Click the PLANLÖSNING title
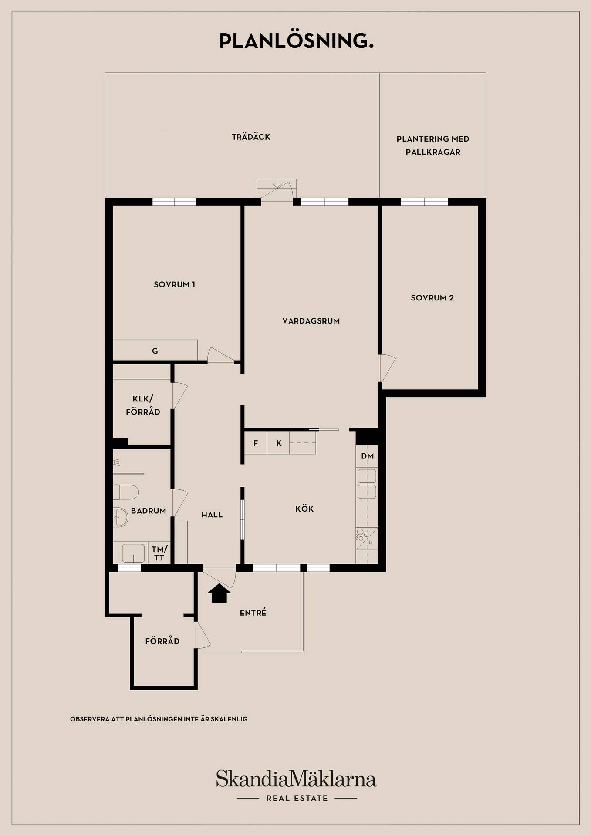(296, 41)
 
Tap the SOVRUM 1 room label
(174, 284)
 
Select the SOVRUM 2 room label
(432, 298)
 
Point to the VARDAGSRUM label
(311, 321)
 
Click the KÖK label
(304, 508)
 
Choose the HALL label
(212, 515)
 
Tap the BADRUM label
(149, 511)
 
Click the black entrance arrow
(219, 593)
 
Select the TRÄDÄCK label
(251, 137)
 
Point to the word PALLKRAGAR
(433, 152)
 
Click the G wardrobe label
(155, 351)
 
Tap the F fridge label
(256, 443)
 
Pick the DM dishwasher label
(367, 456)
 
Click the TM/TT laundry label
(159, 553)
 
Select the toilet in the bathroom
(125, 492)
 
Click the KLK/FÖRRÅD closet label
(143, 405)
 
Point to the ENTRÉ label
(253, 612)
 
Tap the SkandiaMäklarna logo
(296, 779)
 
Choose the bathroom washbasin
(120, 518)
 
